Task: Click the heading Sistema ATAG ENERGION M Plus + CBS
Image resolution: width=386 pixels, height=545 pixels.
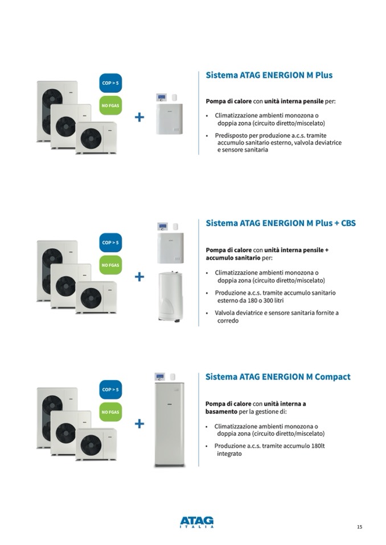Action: (x=281, y=223)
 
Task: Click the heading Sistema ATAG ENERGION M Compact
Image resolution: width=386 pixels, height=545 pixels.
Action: (x=278, y=377)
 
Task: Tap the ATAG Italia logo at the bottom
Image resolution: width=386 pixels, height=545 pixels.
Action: (x=196, y=522)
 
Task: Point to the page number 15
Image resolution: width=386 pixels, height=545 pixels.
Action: (x=360, y=527)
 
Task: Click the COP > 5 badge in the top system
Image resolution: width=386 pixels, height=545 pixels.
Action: (x=110, y=83)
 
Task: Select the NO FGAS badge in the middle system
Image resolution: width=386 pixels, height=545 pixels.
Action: (x=110, y=265)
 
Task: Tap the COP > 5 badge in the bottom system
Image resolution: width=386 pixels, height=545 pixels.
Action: (x=110, y=390)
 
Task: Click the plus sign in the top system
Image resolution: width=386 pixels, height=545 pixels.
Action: (x=139, y=117)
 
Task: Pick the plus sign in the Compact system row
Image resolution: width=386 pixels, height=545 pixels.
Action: (x=139, y=423)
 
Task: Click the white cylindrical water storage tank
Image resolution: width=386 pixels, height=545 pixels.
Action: (x=171, y=297)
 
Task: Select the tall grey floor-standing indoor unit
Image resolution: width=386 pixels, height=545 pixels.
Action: (x=170, y=425)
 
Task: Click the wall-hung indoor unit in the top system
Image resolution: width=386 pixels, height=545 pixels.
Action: (x=170, y=119)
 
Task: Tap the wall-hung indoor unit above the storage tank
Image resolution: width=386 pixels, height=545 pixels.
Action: (x=171, y=248)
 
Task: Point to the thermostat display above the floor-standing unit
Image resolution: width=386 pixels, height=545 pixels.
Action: (x=160, y=377)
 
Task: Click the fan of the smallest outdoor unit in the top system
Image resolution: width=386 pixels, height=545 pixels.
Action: (x=91, y=138)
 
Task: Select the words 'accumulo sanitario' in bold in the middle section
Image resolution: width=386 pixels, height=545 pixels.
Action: (x=233, y=258)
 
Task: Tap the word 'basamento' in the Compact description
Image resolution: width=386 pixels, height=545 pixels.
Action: (x=221, y=412)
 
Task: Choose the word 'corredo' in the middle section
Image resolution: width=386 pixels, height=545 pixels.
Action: (x=228, y=321)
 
